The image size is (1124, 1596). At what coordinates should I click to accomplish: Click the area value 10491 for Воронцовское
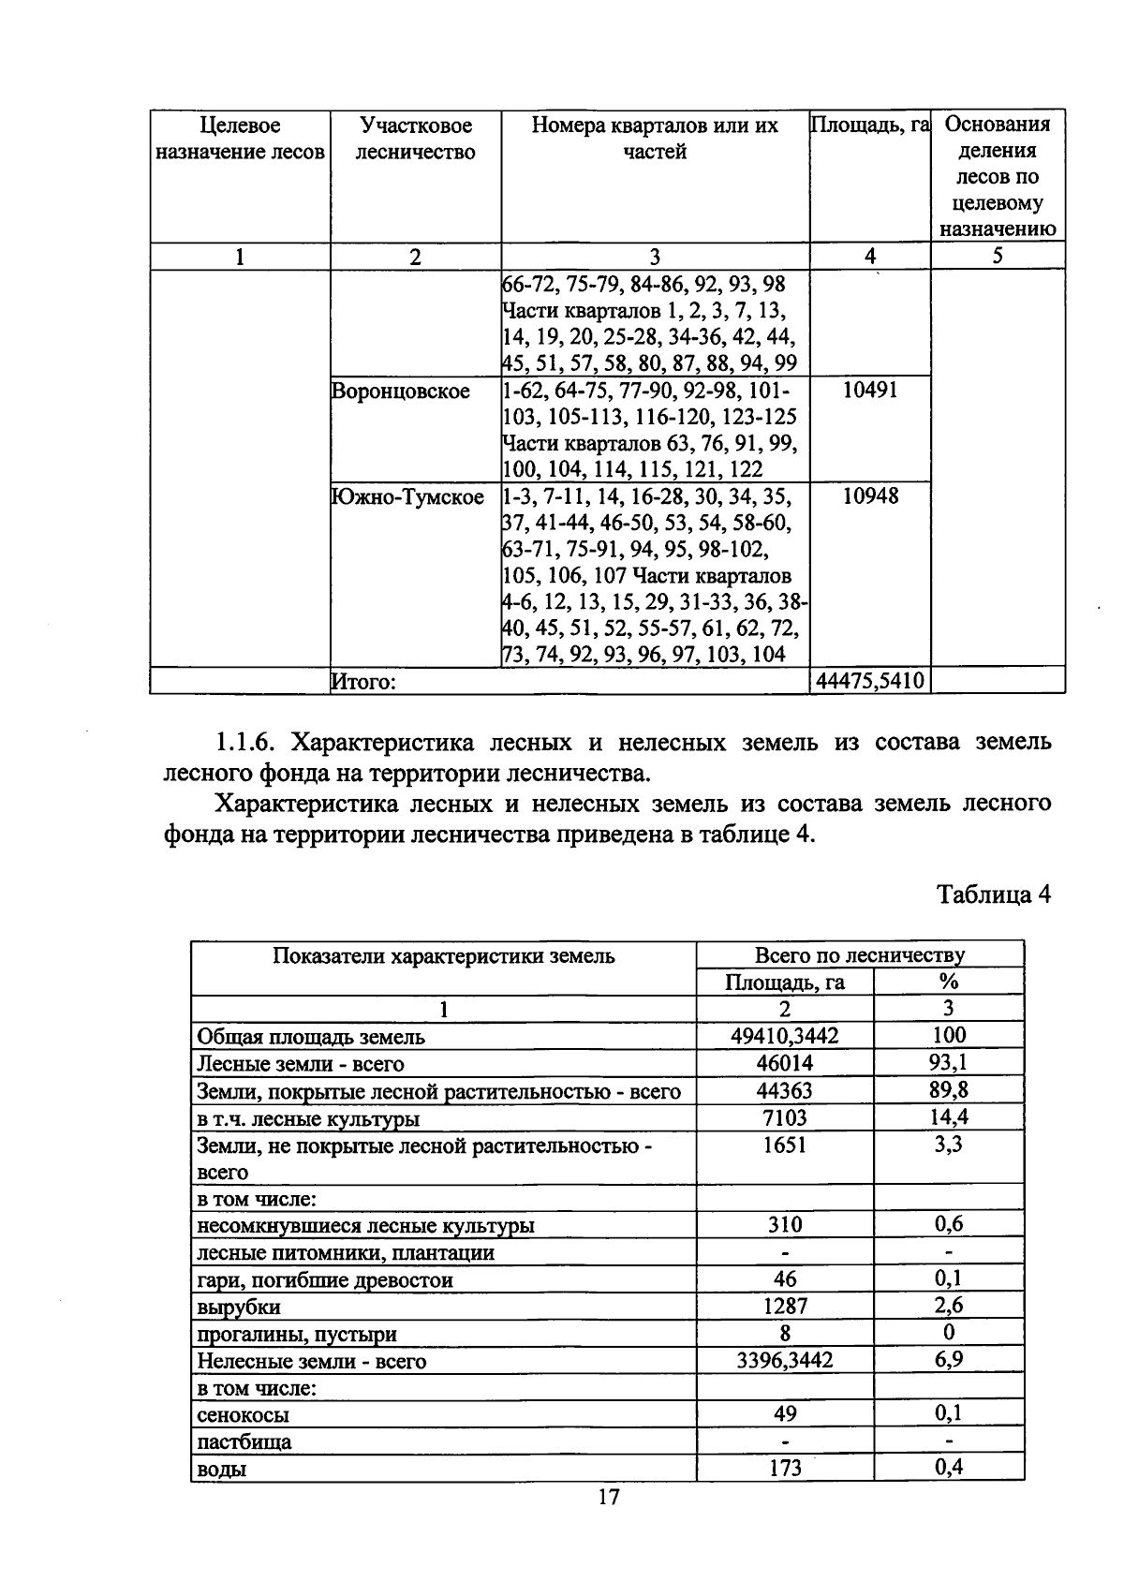pos(869,391)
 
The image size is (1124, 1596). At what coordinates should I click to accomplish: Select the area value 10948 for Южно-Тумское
pos(869,496)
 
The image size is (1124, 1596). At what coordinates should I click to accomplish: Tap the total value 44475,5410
pos(870,681)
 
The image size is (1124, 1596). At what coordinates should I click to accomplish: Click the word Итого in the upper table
pos(364,682)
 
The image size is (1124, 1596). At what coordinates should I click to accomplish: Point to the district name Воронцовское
pos(401,391)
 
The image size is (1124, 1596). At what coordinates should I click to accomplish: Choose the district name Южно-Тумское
pos(407,496)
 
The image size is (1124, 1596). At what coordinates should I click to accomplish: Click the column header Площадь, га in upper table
pos(869,126)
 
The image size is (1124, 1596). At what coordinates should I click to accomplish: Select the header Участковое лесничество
pos(416,139)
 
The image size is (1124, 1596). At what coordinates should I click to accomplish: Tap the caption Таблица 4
pos(994,894)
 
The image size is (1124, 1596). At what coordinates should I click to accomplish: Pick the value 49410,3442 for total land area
pos(785,1036)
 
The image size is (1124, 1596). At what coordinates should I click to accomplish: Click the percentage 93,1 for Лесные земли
pos(949,1062)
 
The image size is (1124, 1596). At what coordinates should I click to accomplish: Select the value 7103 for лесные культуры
pos(785,1117)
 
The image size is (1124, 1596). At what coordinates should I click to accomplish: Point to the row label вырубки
pos(238,1307)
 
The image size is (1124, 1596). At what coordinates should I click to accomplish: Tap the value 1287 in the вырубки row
pos(785,1306)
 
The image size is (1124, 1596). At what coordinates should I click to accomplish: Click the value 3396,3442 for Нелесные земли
pos(785,1360)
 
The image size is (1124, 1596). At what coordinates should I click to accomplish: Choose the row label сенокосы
pos(243,1415)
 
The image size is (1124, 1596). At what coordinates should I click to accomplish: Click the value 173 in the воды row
pos(785,1469)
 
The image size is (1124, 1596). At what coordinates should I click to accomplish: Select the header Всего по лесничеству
pos(859,955)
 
